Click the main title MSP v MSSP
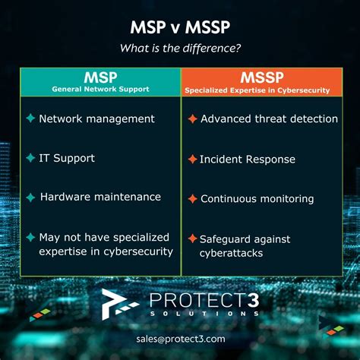click(x=179, y=28)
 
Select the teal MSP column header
click(x=100, y=77)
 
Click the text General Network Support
click(x=100, y=90)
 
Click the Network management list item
click(x=96, y=118)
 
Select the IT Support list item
click(x=67, y=158)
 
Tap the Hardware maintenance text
click(x=100, y=197)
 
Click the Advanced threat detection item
click(x=269, y=118)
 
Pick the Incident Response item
click(x=247, y=159)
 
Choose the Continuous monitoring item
click(x=257, y=199)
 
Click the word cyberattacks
click(x=232, y=252)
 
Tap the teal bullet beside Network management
click(x=30, y=118)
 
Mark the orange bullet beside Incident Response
click(x=192, y=159)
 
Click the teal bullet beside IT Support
click(x=30, y=158)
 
